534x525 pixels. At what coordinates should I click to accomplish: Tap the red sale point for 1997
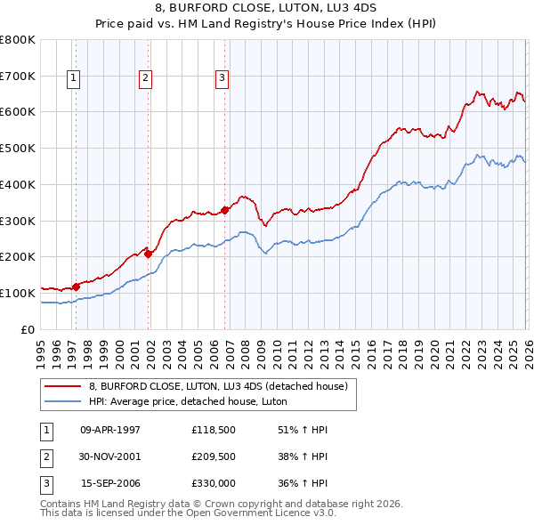click(x=77, y=286)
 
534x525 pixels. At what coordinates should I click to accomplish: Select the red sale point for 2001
click(x=149, y=253)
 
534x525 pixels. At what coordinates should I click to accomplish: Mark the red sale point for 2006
click(x=224, y=210)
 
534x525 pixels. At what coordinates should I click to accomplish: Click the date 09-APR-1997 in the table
click(x=110, y=429)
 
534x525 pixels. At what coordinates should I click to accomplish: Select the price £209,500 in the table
click(x=213, y=456)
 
